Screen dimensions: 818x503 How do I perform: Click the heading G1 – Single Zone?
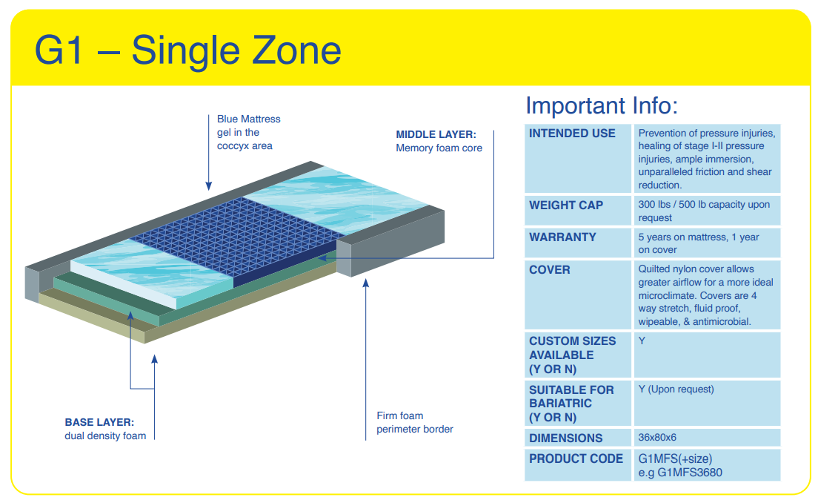pyautogui.click(x=187, y=50)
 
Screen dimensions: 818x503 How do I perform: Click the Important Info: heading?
pyautogui.click(x=602, y=105)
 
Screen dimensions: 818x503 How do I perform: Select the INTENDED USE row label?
pyautogui.click(x=572, y=134)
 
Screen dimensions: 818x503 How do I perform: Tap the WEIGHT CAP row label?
pyautogui.click(x=566, y=206)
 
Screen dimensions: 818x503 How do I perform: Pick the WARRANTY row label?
pyautogui.click(x=562, y=237)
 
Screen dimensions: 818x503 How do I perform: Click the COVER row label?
pyautogui.click(x=549, y=269)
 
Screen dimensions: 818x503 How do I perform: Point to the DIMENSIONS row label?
pyautogui.click(x=565, y=438)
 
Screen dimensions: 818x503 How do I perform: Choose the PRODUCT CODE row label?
pyautogui.click(x=576, y=458)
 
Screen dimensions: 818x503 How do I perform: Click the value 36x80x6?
pyautogui.click(x=657, y=437)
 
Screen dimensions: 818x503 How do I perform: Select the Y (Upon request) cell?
pyautogui.click(x=676, y=389)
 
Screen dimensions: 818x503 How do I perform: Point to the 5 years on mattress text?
pyautogui.click(x=682, y=237)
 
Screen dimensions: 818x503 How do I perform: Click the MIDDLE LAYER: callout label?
pyautogui.click(x=436, y=134)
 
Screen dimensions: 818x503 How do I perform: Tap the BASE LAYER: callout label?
pyautogui.click(x=99, y=422)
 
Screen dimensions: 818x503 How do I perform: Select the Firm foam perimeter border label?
pyautogui.click(x=415, y=423)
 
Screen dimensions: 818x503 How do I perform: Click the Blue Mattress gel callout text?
pyautogui.click(x=249, y=132)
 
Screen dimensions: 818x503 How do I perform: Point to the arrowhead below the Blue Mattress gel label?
pyautogui.click(x=209, y=186)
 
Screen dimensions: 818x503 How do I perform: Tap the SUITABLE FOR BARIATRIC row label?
pyautogui.click(x=571, y=404)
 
